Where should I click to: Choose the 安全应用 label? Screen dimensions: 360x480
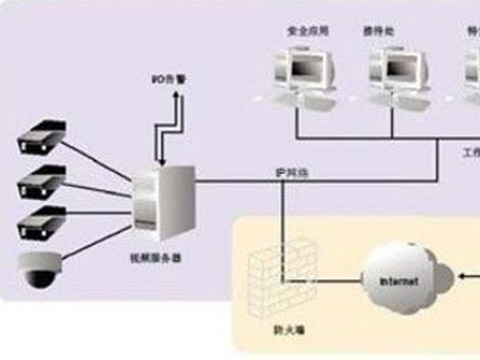301,31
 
